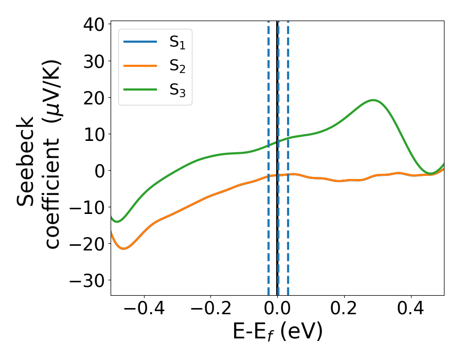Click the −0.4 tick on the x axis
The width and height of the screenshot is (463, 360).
(x=144, y=309)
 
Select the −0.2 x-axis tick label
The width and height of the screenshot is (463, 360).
(x=210, y=309)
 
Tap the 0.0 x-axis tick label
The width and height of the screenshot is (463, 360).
(x=277, y=309)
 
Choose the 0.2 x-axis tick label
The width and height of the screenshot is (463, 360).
(x=344, y=309)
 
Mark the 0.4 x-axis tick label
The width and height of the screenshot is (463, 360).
(x=411, y=309)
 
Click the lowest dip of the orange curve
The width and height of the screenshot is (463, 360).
(x=123, y=249)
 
